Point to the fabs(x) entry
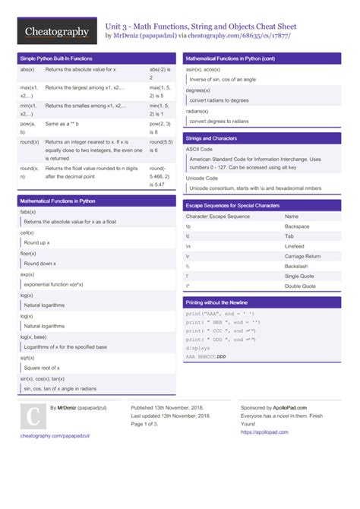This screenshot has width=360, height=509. [27, 212]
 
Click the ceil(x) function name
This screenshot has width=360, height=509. [27, 232]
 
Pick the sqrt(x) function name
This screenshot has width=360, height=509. [27, 356]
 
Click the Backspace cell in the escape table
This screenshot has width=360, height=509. [297, 226]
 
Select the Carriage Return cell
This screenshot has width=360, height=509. [302, 256]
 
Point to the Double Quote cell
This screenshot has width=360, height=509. [301, 286]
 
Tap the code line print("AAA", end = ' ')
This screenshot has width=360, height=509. [220, 313]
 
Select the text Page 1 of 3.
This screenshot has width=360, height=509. [149, 424]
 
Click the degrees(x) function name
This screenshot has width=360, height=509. [197, 90]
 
